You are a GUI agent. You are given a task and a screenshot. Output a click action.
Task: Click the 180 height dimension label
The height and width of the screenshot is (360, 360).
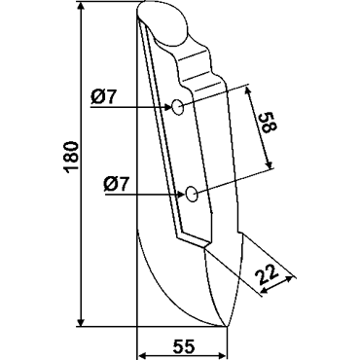[x=71, y=157]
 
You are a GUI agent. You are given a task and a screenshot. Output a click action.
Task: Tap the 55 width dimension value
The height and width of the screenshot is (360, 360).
[x=184, y=346]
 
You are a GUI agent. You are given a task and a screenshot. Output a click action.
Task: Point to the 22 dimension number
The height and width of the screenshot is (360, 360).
[x=267, y=274]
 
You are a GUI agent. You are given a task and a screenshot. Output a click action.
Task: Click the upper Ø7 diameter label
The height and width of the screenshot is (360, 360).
[x=102, y=97]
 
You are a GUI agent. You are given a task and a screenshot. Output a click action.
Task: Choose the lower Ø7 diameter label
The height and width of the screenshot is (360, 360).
[x=116, y=186]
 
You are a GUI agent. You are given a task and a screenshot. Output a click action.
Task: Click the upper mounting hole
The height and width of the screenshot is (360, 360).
[x=177, y=107]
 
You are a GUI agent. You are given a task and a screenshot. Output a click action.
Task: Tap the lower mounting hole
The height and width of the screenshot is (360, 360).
[x=192, y=195]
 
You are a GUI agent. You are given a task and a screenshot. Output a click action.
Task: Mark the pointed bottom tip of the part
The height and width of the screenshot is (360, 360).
[x=227, y=326]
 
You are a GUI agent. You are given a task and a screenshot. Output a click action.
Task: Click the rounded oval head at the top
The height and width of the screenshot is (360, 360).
[x=163, y=21]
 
